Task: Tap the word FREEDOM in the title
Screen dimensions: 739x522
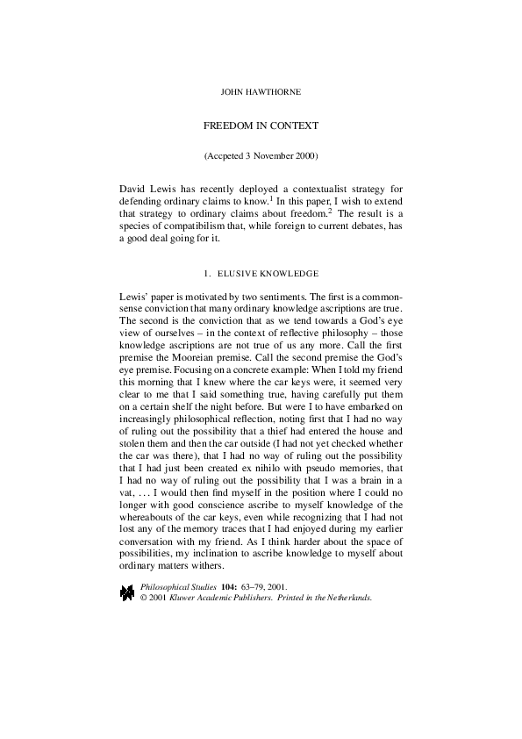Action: click(227, 126)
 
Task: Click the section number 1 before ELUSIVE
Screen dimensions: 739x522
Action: click(206, 275)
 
